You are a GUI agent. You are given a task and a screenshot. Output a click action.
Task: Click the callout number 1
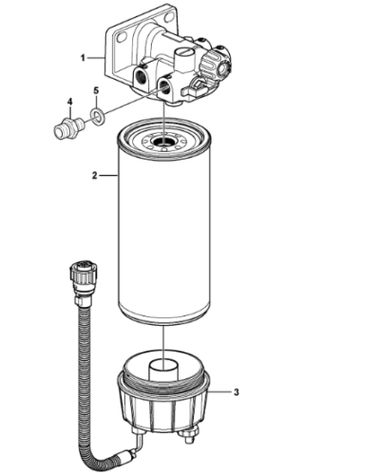pyautogui.click(x=84, y=58)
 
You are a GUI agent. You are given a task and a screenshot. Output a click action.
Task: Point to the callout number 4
pyautogui.click(x=68, y=101)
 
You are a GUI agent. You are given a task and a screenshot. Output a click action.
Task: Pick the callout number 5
pyautogui.click(x=95, y=92)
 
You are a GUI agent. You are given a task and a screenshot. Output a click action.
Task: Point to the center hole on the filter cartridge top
pyautogui.click(x=163, y=144)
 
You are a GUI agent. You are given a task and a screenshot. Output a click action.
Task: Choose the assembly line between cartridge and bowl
pyautogui.click(x=163, y=337)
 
